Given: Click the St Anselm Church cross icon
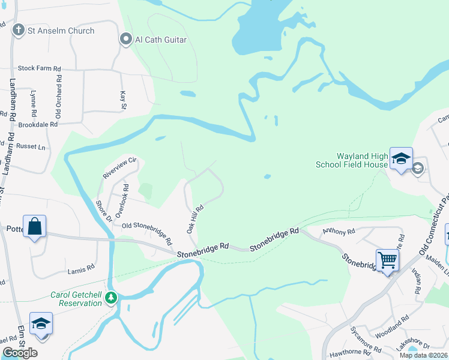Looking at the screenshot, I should point(19,30).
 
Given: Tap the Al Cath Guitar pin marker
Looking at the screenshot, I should point(126,40).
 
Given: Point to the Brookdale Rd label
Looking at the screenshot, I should point(37,124).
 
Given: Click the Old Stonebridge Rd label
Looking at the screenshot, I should point(146,231).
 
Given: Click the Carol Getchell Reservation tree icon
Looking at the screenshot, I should point(110,297).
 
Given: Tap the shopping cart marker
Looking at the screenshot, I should point(388,260).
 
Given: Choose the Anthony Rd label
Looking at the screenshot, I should point(339,230).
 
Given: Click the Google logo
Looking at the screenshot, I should point(20,353).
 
